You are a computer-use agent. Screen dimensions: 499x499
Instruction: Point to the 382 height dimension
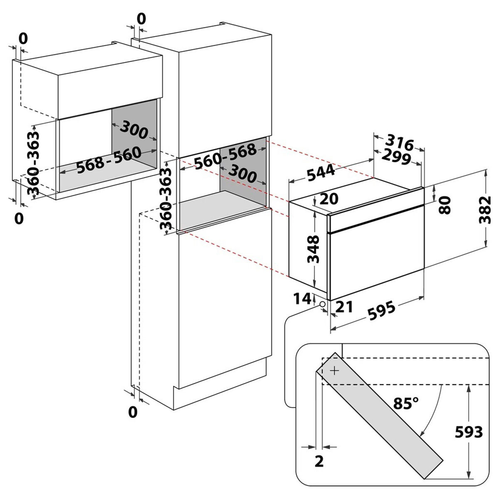coord(485,210)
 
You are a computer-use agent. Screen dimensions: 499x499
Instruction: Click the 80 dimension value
coord(445,205)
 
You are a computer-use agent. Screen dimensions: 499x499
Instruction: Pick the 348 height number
coord(313,249)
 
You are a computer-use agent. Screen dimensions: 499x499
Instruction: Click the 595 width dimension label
coord(382,311)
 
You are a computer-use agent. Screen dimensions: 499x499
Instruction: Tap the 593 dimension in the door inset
coord(469,432)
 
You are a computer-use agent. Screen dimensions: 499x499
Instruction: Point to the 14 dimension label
coord(302,299)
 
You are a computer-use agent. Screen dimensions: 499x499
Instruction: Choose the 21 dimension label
coord(344,307)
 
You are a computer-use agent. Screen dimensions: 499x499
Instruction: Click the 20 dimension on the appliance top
coord(329,199)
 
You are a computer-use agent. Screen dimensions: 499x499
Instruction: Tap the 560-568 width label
coord(225,156)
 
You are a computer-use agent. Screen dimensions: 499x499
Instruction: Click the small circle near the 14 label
coord(322,304)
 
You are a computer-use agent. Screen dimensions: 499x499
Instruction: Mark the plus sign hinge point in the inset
coord(335,371)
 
